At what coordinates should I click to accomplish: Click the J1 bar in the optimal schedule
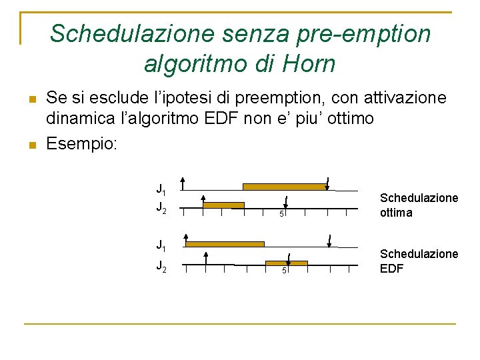click(x=285, y=187)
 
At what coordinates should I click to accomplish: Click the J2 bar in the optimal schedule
click(x=223, y=205)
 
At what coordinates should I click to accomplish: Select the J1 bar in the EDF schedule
click(x=225, y=244)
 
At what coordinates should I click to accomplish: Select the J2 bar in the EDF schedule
click(x=286, y=263)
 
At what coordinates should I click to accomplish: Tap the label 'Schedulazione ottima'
click(x=419, y=205)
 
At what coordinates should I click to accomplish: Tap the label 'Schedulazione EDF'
click(x=419, y=261)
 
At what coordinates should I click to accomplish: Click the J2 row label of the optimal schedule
click(x=161, y=208)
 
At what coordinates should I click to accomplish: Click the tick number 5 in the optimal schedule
click(x=281, y=214)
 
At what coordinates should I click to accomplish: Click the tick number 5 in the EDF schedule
click(x=283, y=270)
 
